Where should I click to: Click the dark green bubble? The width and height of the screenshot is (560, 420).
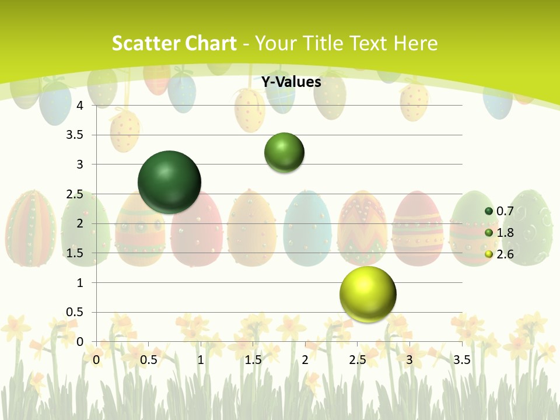pos(169,182)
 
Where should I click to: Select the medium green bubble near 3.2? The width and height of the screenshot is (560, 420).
pos(284,152)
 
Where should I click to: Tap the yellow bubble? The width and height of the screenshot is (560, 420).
pos(367,294)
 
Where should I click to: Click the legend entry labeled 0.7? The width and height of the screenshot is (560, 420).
pos(499,211)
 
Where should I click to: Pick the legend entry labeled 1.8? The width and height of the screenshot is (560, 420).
pos(499,233)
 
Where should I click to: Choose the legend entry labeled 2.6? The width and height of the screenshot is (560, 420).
pos(499,254)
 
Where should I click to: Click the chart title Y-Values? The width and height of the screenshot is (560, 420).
pos(291,82)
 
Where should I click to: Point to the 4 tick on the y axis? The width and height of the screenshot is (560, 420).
pos(80,106)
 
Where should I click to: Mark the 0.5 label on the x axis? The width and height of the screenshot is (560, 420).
pos(149,360)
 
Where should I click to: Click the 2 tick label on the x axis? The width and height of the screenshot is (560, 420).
pos(305,360)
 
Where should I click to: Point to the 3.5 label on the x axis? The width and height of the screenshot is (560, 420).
pos(461,360)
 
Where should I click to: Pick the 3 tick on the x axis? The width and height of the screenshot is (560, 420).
pos(409,360)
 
